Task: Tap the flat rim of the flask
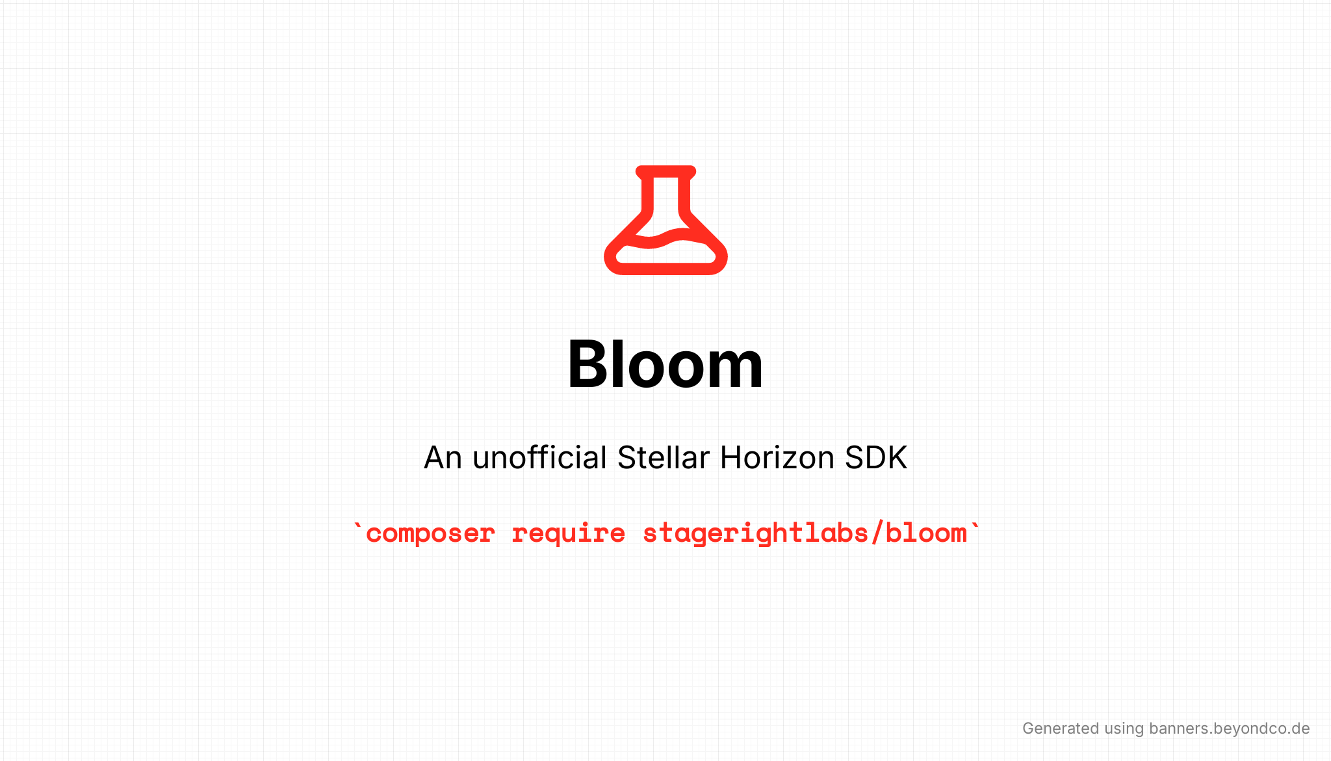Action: tap(665, 171)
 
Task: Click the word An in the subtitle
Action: tap(443, 457)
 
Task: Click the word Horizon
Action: tap(777, 457)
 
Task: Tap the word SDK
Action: tap(876, 457)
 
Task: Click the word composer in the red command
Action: tap(430, 534)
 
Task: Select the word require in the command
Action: tap(568, 534)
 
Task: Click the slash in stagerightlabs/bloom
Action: tap(877, 534)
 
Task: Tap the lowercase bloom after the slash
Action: tap(926, 534)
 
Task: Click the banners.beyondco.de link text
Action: tap(1229, 728)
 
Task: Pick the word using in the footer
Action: tap(1124, 729)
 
